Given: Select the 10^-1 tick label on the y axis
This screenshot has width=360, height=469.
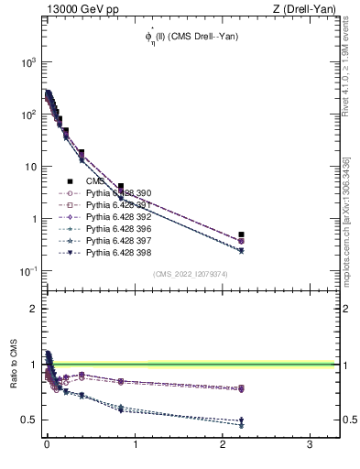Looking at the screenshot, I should [x=25, y=271].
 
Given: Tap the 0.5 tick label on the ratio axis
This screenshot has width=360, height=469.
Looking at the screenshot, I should [x=27, y=420].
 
